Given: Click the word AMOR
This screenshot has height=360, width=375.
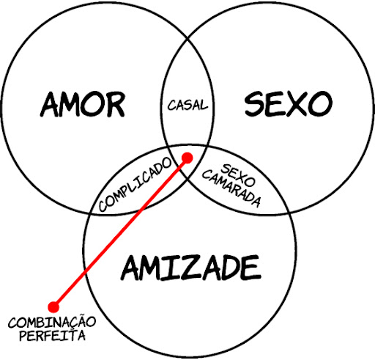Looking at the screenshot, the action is tap(83, 105).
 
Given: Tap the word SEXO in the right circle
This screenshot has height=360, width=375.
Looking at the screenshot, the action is tap(289, 103).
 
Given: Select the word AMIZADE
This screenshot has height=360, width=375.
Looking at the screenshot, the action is tap(190, 268).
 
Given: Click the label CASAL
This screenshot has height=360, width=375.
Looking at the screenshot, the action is tap(187, 105).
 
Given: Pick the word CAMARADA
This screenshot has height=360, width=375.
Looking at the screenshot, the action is tap(231, 189).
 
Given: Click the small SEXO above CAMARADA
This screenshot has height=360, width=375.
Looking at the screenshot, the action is tap(238, 175).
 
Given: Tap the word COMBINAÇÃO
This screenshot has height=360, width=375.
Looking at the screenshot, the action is tap(52, 322).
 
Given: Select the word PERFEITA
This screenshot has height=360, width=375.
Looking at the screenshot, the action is tap(52, 335).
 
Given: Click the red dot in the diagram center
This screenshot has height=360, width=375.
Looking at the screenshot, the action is tap(187, 158).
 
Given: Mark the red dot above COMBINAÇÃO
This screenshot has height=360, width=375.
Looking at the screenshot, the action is tap(53, 307).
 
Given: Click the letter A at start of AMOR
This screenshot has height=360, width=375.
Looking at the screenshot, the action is tap(50, 105).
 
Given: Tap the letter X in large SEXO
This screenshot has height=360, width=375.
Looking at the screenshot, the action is tap(294, 103).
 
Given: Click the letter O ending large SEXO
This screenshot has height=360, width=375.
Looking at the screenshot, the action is tap(319, 104).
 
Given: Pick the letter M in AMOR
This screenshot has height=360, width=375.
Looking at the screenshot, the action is tap(70, 105).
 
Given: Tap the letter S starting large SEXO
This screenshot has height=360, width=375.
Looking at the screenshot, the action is tap(253, 103).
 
